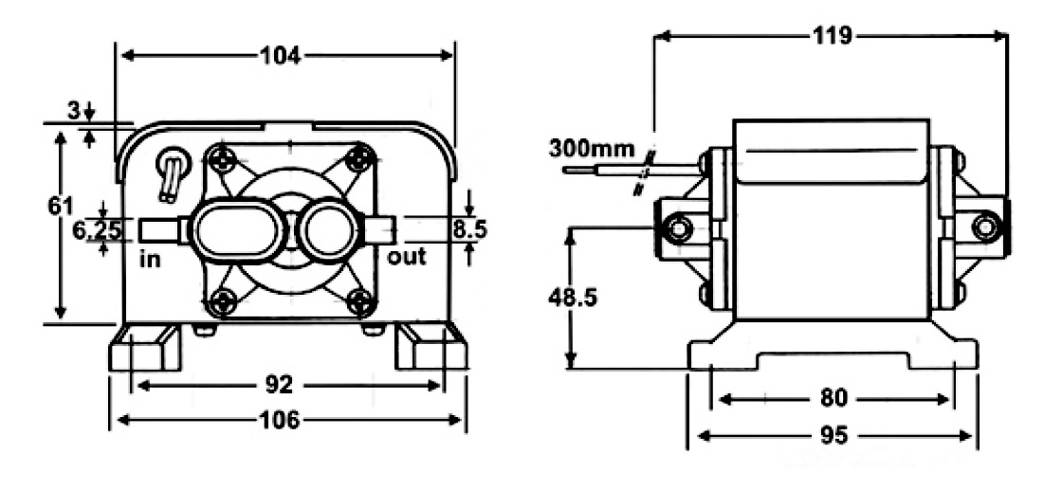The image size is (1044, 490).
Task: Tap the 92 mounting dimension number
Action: pyautogui.click(x=281, y=386)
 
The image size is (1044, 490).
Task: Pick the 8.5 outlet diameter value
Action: pyautogui.click(x=470, y=228)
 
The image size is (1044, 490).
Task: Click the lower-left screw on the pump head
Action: pyautogui.click(x=223, y=302)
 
